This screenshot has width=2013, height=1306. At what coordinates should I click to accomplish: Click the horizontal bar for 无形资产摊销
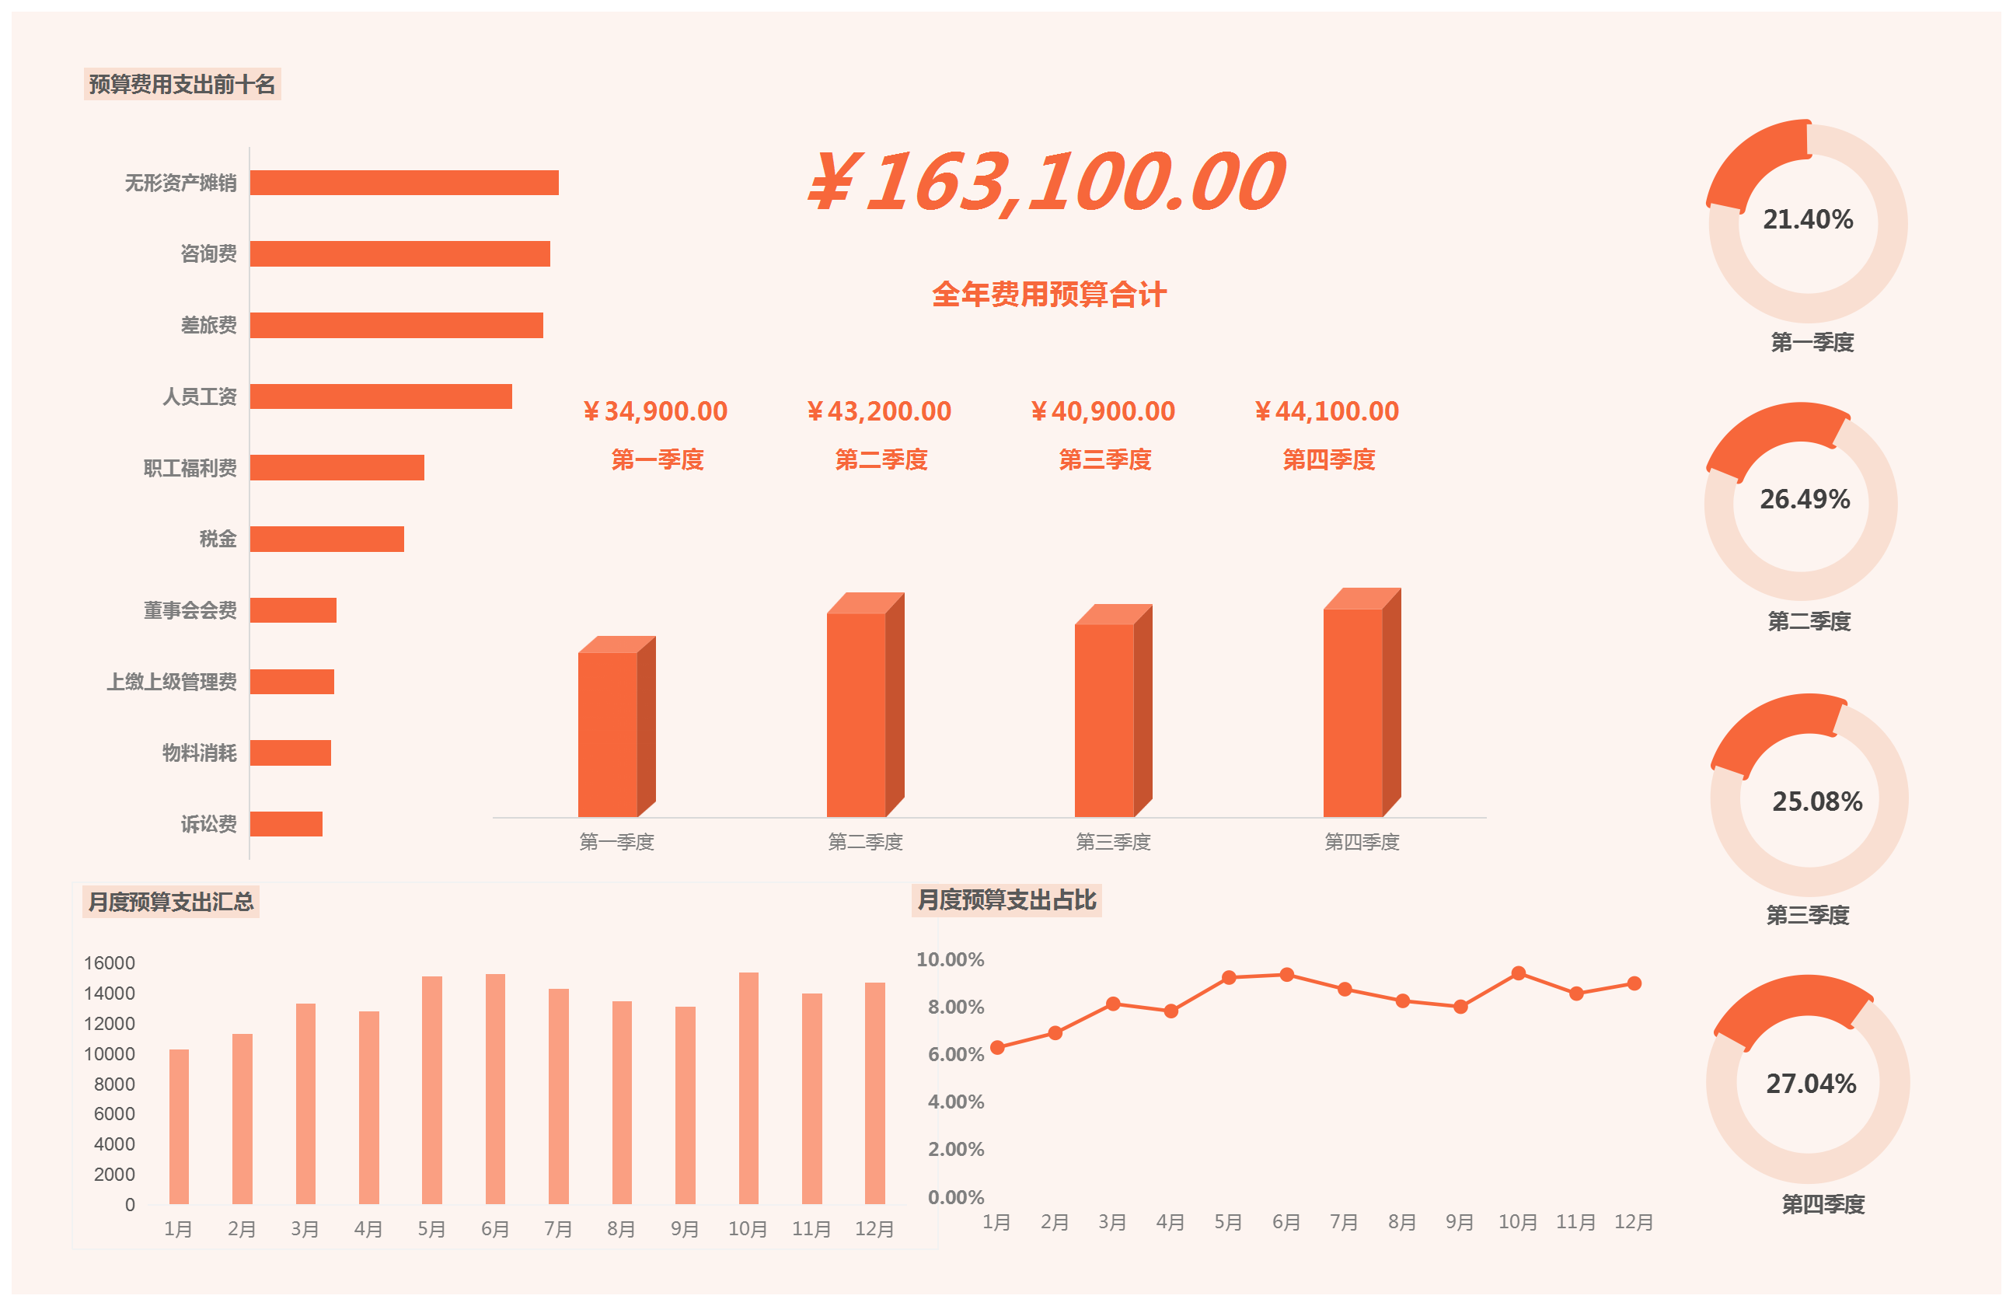[x=403, y=183]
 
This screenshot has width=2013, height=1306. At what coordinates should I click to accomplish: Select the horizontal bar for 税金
[x=326, y=539]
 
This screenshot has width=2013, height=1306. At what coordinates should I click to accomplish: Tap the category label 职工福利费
[x=190, y=468]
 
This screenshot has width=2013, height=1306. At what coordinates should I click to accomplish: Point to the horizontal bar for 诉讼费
[x=286, y=824]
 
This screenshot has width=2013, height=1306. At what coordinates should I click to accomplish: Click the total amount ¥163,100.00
[x=1047, y=182]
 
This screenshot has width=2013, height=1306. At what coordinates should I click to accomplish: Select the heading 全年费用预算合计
[x=1048, y=295]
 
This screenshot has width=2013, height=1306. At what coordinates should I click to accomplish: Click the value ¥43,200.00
[x=880, y=411]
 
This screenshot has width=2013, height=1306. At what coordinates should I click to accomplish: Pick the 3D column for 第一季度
[x=608, y=733]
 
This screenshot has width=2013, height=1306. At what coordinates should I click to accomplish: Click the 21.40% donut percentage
[x=1808, y=220]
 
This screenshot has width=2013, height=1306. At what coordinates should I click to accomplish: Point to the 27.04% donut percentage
[x=1811, y=1084]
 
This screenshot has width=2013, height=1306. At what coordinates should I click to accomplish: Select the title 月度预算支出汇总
[x=171, y=902]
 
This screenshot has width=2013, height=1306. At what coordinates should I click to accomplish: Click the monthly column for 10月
[x=748, y=1088]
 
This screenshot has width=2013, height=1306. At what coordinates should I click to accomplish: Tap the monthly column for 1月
[x=179, y=1126]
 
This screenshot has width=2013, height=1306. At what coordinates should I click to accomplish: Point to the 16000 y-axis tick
[x=109, y=962]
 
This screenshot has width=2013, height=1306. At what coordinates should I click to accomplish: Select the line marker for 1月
[x=997, y=1047]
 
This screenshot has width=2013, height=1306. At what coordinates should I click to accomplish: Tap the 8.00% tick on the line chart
[x=956, y=1007]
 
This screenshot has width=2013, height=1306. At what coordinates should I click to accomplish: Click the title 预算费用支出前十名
[x=182, y=85]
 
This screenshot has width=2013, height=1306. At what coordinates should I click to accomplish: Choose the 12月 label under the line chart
[x=1633, y=1222]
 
